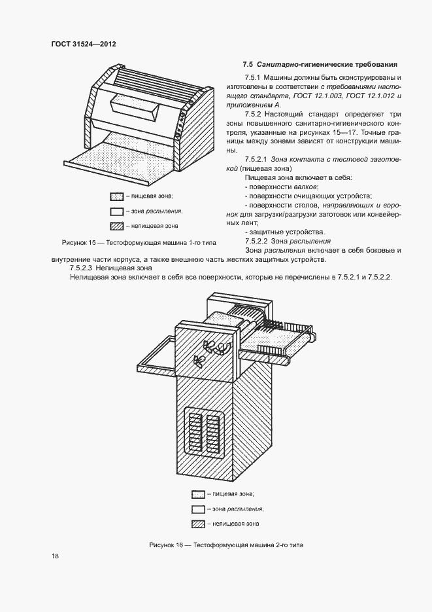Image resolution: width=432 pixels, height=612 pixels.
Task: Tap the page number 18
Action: pyautogui.click(x=55, y=556)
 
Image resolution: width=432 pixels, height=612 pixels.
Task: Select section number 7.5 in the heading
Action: pyautogui.click(x=248, y=64)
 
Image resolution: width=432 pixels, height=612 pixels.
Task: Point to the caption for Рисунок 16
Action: pyautogui.click(x=226, y=545)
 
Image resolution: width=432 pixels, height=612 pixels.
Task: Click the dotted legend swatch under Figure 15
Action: pyautogui.click(x=117, y=196)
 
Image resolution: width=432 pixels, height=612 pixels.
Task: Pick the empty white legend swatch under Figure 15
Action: pyautogui.click(x=117, y=211)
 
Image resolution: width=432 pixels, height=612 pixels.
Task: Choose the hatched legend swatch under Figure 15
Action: pyautogui.click(x=117, y=226)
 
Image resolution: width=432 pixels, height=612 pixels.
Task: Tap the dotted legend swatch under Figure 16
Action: pyautogui.click(x=198, y=494)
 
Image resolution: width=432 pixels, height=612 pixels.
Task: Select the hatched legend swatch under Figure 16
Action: pyautogui.click(x=198, y=524)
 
